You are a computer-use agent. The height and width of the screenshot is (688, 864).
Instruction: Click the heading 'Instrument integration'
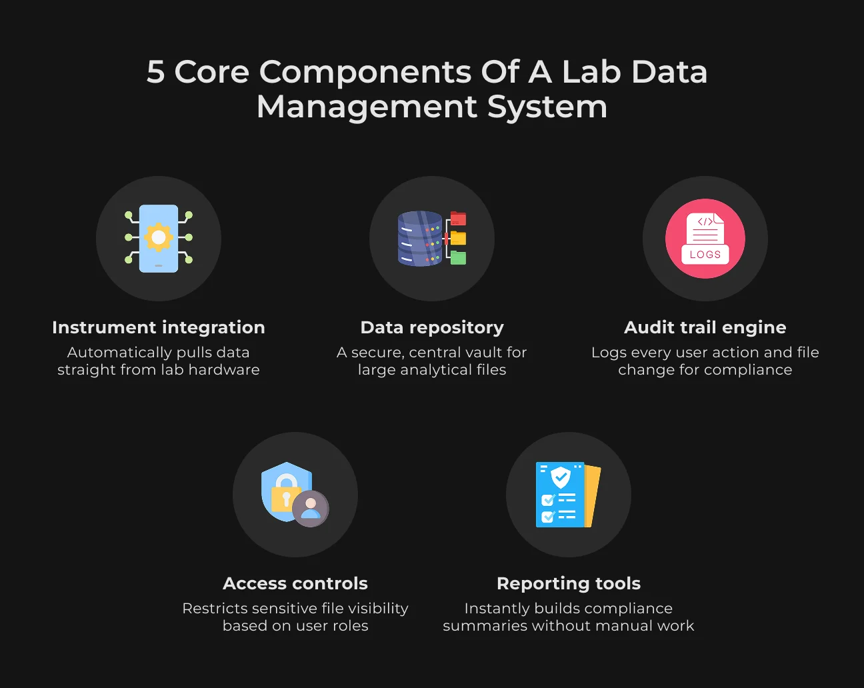[x=159, y=327]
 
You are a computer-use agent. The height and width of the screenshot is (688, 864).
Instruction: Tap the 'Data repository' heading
[x=432, y=328]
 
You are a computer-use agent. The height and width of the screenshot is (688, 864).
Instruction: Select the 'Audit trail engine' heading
[x=705, y=327]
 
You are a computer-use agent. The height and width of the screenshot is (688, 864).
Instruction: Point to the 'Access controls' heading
[x=295, y=583]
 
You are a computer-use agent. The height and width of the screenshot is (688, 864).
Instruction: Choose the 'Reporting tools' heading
[x=569, y=583]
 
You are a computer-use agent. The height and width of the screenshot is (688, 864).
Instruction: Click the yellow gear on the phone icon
[x=159, y=237]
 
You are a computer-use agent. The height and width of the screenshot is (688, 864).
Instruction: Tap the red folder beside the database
[x=458, y=218]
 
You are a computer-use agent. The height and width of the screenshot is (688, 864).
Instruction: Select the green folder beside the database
[x=458, y=257]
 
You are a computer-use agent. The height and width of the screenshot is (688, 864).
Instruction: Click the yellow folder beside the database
[x=458, y=238]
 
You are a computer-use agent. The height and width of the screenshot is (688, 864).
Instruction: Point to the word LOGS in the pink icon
[x=705, y=255]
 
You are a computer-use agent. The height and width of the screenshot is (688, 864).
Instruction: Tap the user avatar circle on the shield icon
[x=311, y=509]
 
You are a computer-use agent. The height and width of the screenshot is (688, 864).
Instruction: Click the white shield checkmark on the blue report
[x=561, y=477]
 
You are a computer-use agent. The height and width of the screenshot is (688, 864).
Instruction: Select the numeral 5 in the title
[x=156, y=72]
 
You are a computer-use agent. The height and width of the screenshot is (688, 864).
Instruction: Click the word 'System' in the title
[x=547, y=107]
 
